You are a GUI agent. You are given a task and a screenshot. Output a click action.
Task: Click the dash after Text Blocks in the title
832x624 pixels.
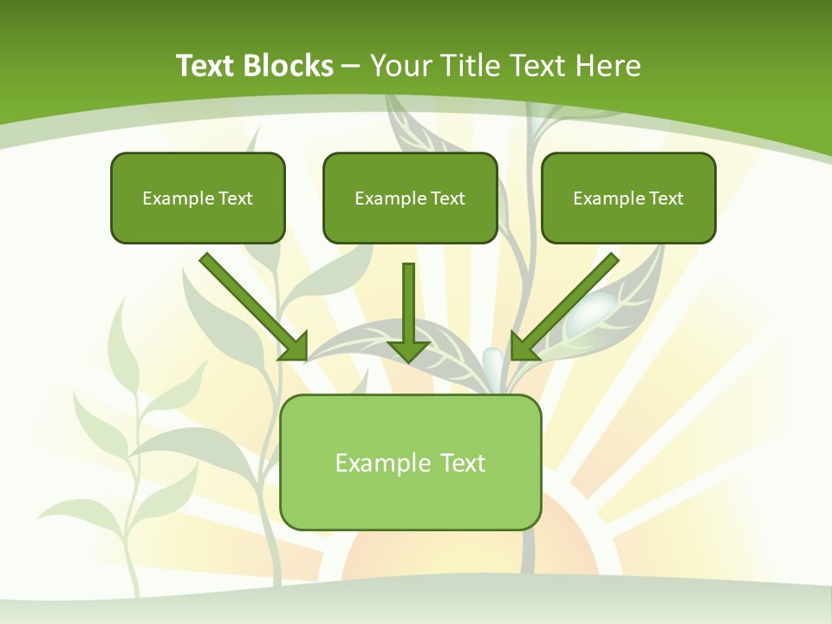point(351,66)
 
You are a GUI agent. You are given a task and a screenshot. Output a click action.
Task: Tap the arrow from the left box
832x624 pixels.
point(253,306)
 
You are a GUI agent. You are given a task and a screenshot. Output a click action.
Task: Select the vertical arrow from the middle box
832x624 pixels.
point(408,312)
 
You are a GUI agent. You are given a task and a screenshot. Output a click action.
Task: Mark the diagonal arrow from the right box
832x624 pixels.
point(565,306)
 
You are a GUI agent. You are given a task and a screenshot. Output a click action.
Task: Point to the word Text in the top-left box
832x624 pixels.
point(235,198)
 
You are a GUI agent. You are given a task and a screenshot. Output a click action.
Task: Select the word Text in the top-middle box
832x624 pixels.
point(447,198)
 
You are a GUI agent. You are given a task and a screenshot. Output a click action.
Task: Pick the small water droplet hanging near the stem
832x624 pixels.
point(491,359)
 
